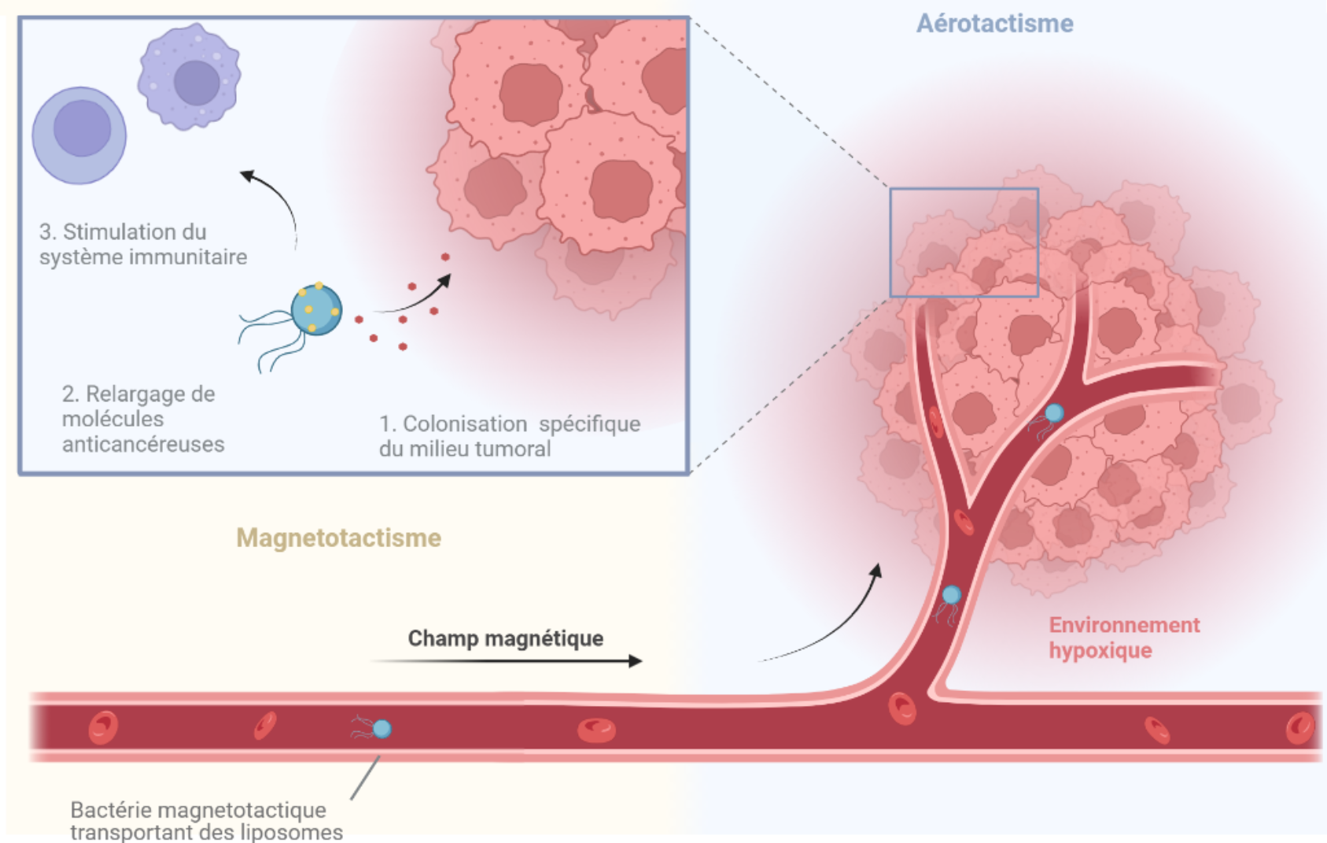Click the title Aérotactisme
pyautogui.click(x=994, y=24)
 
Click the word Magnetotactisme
pyautogui.click(x=338, y=538)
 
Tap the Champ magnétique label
pyautogui.click(x=505, y=638)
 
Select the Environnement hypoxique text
pyautogui.click(x=1123, y=638)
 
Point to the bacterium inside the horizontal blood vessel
pyautogui.click(x=381, y=729)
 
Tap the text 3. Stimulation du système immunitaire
pyautogui.click(x=142, y=244)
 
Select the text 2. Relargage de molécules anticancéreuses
pyautogui.click(x=142, y=419)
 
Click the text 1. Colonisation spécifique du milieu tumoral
pyautogui.click(x=509, y=436)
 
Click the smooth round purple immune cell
pyautogui.click(x=79, y=135)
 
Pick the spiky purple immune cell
pyautogui.click(x=190, y=76)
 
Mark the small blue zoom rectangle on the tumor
pyautogui.click(x=964, y=190)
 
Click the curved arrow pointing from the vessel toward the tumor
pyautogui.click(x=834, y=622)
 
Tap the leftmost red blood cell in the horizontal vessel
pyautogui.click(x=103, y=727)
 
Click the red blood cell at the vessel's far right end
pyautogui.click(x=1299, y=727)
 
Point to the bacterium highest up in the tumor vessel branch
pyautogui.click(x=1053, y=413)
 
